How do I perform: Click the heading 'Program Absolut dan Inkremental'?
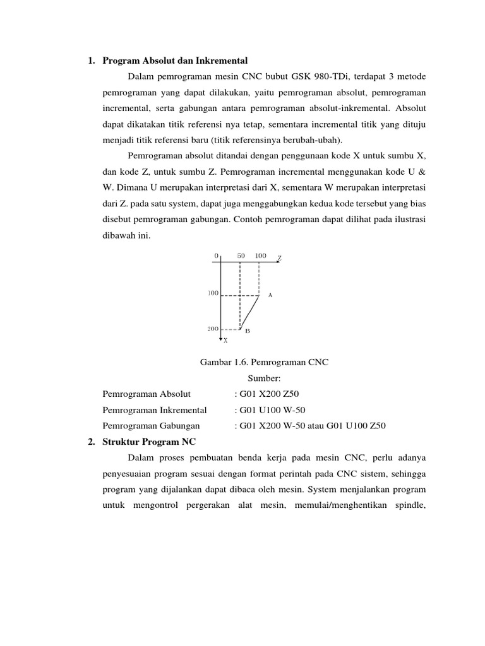click(x=175, y=61)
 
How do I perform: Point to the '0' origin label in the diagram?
click(x=216, y=255)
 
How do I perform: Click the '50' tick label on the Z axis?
click(x=241, y=255)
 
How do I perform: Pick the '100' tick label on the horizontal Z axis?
click(x=260, y=255)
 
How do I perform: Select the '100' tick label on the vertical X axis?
click(x=213, y=293)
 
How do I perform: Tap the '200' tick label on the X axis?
click(x=213, y=329)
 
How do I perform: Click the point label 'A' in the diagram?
click(x=270, y=295)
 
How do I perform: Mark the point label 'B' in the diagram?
click(x=248, y=331)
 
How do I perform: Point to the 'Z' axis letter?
click(x=279, y=259)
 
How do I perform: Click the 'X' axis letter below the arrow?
click(x=225, y=341)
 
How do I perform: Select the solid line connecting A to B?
click(x=250, y=312)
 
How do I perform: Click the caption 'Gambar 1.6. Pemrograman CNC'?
click(x=265, y=363)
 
